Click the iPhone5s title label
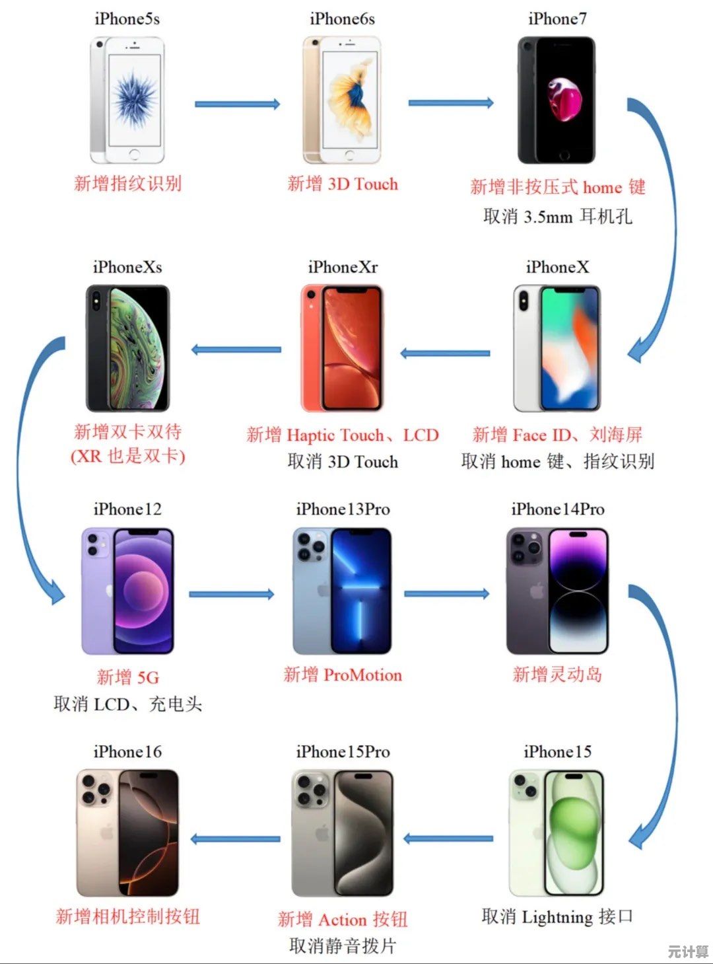(x=127, y=19)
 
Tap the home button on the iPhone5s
(x=135, y=154)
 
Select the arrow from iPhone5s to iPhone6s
(x=238, y=104)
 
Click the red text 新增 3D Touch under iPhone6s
(x=343, y=184)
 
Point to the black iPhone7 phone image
(x=557, y=100)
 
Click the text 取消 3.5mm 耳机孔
(x=558, y=217)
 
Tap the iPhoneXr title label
(x=343, y=268)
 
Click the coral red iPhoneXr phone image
(x=342, y=348)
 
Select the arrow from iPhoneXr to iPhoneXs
(x=236, y=350)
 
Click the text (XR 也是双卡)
(x=128, y=457)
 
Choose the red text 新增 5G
(x=127, y=677)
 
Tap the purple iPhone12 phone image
(x=127, y=591)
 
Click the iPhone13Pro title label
(x=343, y=509)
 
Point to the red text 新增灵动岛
(x=557, y=675)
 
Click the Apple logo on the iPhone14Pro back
(x=537, y=591)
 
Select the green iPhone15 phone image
(x=557, y=833)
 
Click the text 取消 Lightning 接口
(x=557, y=917)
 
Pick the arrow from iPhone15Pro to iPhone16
(x=236, y=839)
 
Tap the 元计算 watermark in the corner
(x=688, y=951)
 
